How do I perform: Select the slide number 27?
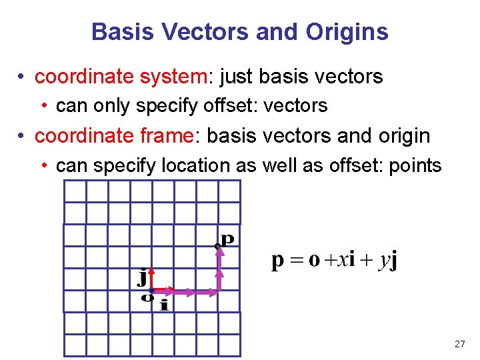[x=459, y=344]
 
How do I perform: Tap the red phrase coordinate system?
[x=121, y=77]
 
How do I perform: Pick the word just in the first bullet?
[x=236, y=77]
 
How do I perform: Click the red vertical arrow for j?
[x=151, y=279]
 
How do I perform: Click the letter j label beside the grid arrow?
[x=142, y=277]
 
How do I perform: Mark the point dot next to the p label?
[x=217, y=247]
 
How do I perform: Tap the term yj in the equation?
[x=387, y=260]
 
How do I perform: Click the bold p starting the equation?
[x=278, y=261]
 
